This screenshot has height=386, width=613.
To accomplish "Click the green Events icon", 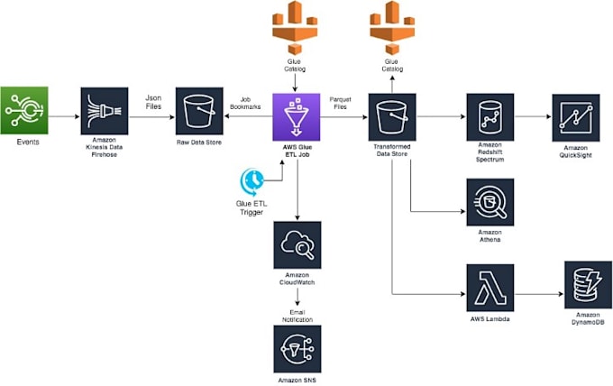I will tap(23, 111).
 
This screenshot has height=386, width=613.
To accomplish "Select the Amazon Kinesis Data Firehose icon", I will tap(104, 112).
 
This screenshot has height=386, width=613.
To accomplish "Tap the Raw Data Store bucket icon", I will tap(199, 112).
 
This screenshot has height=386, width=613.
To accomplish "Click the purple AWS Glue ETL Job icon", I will tap(296, 116).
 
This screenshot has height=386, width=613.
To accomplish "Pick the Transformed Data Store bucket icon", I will tap(391, 116).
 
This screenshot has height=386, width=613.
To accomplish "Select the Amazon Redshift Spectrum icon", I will tap(489, 116).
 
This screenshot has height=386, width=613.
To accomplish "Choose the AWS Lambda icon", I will tap(489, 288).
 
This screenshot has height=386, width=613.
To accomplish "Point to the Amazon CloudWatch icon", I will tap(296, 244).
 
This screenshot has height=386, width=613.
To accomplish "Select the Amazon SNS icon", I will tap(296, 347).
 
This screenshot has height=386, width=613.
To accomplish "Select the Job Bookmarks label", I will tap(248, 104).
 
